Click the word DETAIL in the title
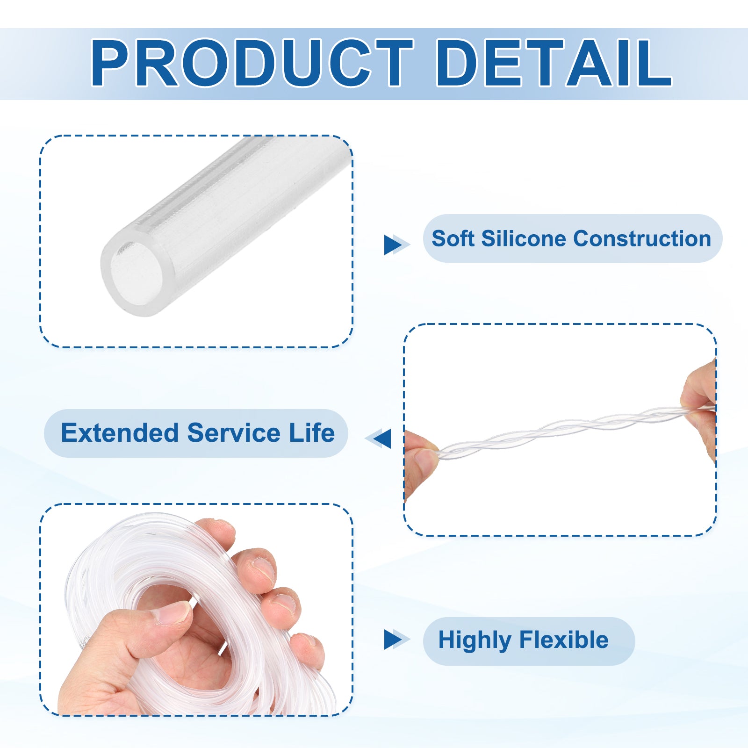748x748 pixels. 554,63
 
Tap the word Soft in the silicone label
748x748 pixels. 453,238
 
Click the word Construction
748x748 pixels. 642,238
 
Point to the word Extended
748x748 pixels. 120,432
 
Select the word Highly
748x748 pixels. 475,640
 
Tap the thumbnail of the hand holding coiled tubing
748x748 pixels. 196,610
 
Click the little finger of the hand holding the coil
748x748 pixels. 308,651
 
